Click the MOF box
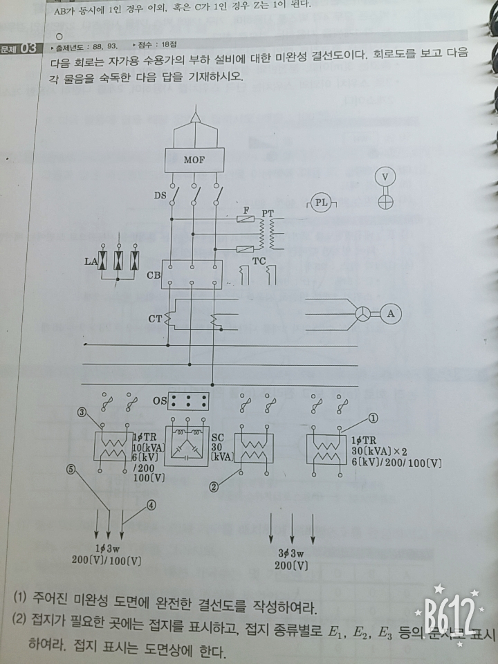pos(194,160)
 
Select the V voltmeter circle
pos(385,176)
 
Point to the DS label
pos(159,196)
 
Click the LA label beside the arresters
pos(89,262)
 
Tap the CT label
pos(156,319)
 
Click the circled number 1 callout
pos(372,418)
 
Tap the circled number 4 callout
pos(151,505)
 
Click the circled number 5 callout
pos(71,468)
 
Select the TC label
pos(259,261)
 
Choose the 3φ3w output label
pos(290,553)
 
